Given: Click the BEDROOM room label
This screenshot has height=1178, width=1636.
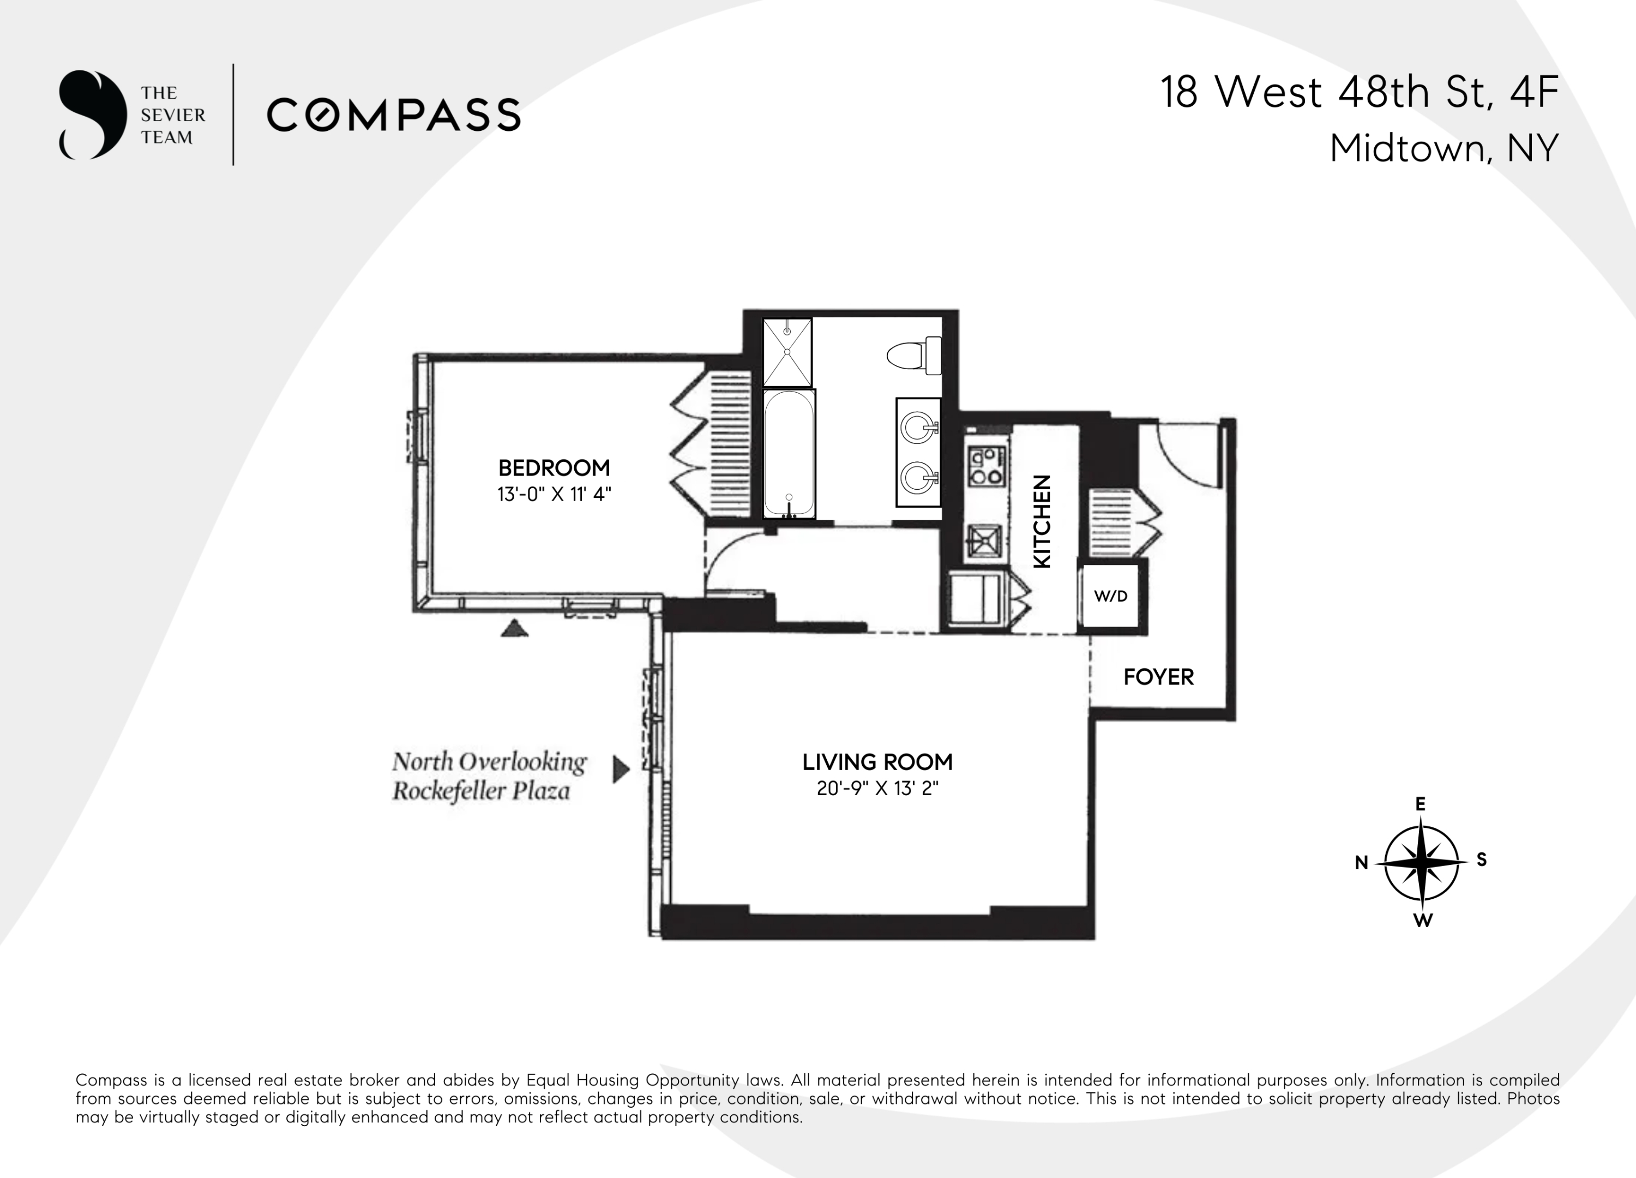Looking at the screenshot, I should [x=554, y=467].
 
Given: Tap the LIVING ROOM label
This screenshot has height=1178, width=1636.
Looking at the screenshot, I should [x=877, y=762].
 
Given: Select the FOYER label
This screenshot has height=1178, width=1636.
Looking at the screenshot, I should [x=1158, y=677].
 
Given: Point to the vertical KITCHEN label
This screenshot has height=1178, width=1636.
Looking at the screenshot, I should [x=1042, y=521].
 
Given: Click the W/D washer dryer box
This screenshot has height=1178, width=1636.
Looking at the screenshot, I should [x=1110, y=596].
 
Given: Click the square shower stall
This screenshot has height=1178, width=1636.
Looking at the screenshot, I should [x=787, y=352].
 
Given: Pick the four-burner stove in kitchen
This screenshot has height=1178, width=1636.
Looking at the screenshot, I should [x=986, y=466].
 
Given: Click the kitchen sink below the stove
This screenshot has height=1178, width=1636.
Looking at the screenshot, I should [x=985, y=540].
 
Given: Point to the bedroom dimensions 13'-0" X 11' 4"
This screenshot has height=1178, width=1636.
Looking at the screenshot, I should [x=554, y=494].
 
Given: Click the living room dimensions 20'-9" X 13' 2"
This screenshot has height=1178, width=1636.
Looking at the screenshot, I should [x=877, y=789].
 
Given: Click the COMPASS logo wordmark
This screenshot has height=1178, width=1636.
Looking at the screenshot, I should [x=394, y=116].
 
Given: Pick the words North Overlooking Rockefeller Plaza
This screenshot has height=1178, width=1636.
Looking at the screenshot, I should [x=489, y=776].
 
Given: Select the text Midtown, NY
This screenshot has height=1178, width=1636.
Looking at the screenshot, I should [x=1444, y=148].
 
